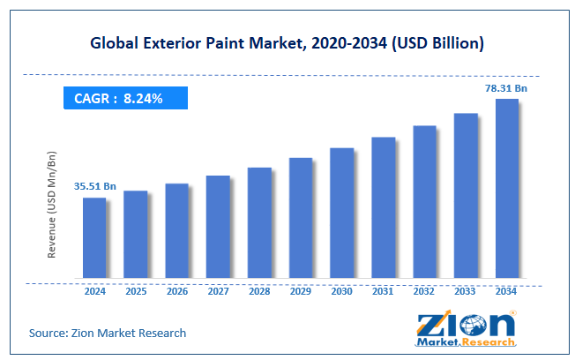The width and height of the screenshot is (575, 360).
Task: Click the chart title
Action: coord(287,41)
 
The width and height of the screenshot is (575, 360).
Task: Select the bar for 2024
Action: coord(94,237)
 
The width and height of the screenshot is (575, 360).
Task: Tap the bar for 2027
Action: coord(218,227)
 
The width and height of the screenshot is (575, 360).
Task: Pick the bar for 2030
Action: coord(341,213)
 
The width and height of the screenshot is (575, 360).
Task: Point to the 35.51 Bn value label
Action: coord(93,186)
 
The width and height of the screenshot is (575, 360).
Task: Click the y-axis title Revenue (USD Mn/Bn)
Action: coord(52,204)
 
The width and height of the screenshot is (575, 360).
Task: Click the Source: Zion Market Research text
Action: coord(108,333)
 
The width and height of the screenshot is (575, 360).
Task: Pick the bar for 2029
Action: coord(300,218)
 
